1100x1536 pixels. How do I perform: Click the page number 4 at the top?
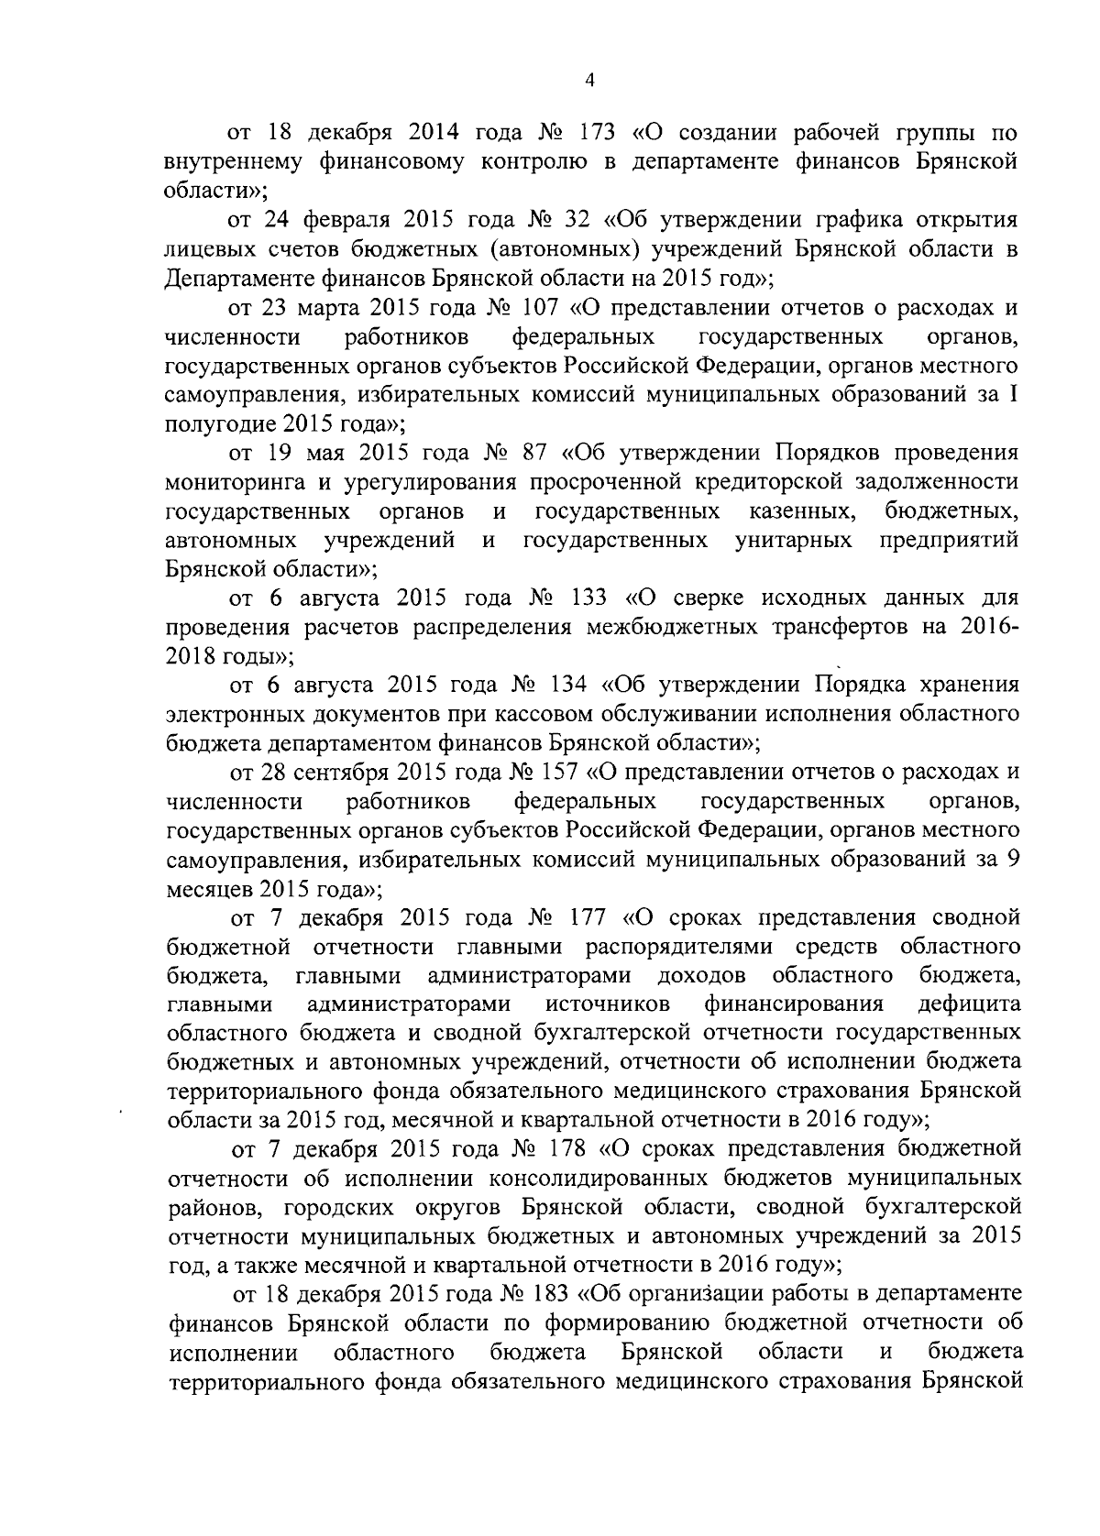tap(590, 81)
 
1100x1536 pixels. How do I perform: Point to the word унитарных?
tap(793, 540)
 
